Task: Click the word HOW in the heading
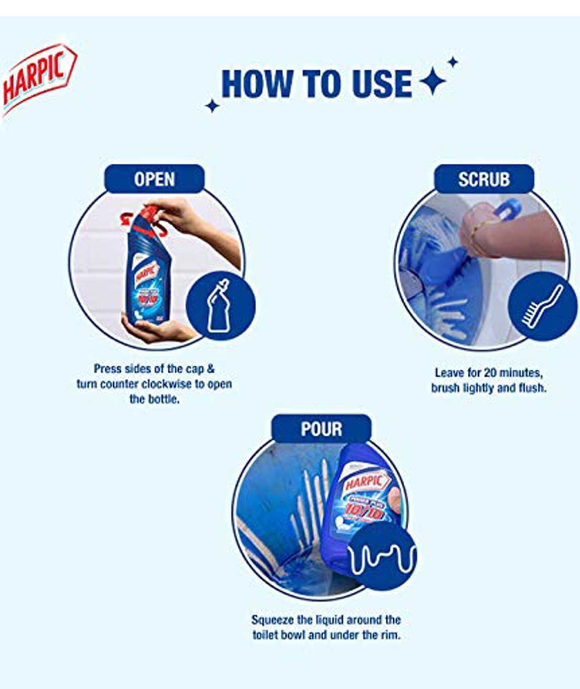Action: (257, 84)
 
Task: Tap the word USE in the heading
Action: (382, 84)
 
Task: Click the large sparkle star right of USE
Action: (432, 81)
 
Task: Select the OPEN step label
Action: (155, 179)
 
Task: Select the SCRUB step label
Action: (484, 179)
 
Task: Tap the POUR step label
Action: (321, 429)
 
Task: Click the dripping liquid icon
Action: (382, 558)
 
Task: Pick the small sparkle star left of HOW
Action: (212, 106)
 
